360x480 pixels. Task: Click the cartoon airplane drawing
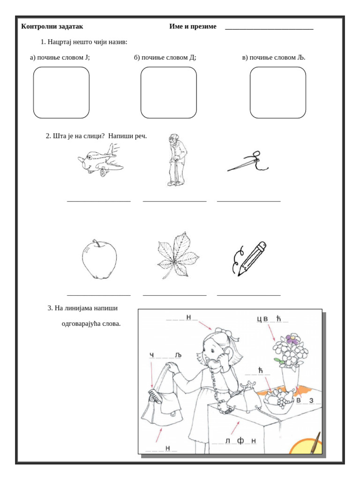click(100, 160)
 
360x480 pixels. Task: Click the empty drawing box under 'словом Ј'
click(61, 92)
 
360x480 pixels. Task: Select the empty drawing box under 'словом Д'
click(169, 92)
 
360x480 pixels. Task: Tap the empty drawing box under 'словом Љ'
click(277, 92)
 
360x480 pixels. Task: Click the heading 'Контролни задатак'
click(52, 27)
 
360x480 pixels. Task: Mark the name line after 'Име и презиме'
click(269, 29)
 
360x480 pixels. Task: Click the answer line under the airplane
click(99, 201)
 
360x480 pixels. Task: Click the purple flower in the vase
click(293, 339)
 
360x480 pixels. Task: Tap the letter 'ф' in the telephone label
click(240, 441)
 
